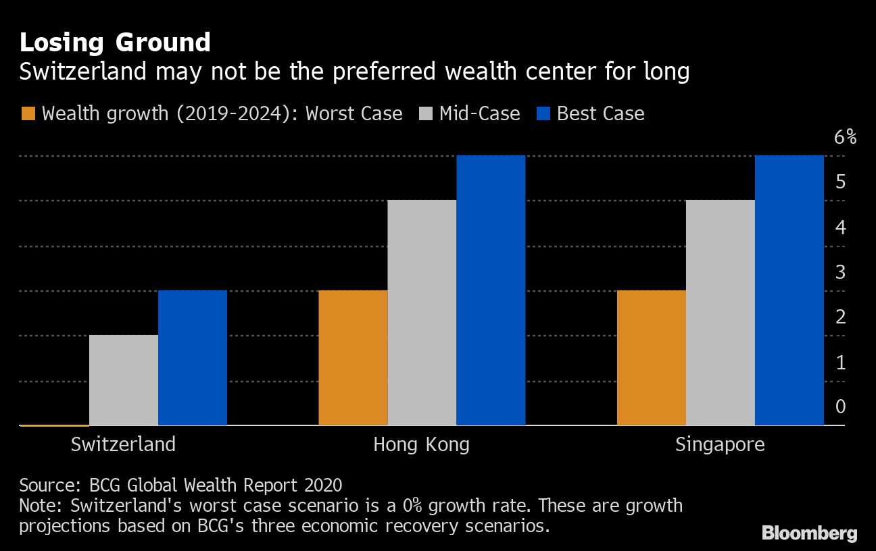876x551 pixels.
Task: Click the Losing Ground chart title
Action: [x=115, y=43]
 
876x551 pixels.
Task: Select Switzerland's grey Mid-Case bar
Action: [x=124, y=380]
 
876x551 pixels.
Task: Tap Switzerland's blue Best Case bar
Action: [x=193, y=358]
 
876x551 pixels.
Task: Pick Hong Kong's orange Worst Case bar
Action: [x=353, y=358]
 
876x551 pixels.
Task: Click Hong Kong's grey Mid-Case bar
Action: [x=422, y=313]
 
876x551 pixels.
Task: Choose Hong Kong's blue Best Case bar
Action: [x=491, y=290]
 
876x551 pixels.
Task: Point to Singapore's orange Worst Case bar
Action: [x=652, y=358]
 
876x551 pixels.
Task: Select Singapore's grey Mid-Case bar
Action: [x=721, y=313]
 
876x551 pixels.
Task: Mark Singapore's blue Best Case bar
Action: [x=789, y=290]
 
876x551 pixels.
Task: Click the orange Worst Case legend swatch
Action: [x=28, y=113]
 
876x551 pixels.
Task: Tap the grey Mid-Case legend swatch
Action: [x=425, y=113]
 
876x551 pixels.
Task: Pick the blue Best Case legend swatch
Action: [x=543, y=113]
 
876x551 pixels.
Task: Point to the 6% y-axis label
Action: [x=845, y=137]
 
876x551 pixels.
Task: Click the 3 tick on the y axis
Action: [x=840, y=272]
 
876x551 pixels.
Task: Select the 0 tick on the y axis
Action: [x=840, y=406]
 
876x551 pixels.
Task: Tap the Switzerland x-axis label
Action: [x=123, y=444]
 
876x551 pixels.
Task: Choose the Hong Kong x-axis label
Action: [x=421, y=444]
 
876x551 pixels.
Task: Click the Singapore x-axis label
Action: [x=720, y=444]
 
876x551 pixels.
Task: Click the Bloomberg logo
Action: [x=809, y=533]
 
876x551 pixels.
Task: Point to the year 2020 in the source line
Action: [x=322, y=485]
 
